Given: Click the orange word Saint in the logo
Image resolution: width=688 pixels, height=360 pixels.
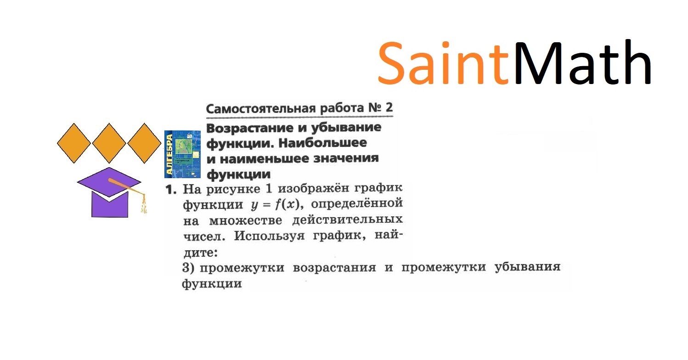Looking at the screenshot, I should pyautogui.click(x=444, y=62).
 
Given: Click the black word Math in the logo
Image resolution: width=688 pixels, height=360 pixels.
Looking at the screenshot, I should pyautogui.click(x=582, y=62).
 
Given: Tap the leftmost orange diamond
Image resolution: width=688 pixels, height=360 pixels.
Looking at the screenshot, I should pyautogui.click(x=74, y=143).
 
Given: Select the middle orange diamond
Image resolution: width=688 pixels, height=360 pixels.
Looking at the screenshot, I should pyautogui.click(x=109, y=143).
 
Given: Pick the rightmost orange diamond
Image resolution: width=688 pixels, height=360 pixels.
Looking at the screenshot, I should pyautogui.click(x=144, y=143).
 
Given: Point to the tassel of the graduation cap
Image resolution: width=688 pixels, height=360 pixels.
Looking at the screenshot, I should pyautogui.click(x=144, y=204).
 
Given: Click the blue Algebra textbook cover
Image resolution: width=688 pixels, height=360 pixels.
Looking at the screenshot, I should pyautogui.click(x=182, y=154).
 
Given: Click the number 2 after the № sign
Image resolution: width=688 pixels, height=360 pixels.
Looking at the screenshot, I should pyautogui.click(x=389, y=108).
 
